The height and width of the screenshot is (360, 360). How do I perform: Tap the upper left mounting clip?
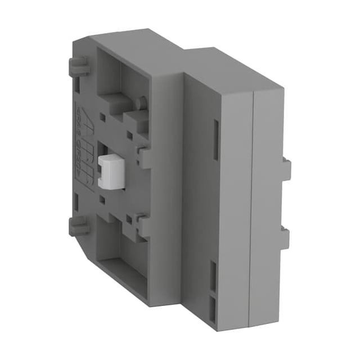(78, 66)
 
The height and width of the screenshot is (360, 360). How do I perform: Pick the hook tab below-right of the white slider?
(142, 225)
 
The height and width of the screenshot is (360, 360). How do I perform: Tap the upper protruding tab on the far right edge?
(286, 169)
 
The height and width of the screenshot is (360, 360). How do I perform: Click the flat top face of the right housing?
(231, 67)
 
